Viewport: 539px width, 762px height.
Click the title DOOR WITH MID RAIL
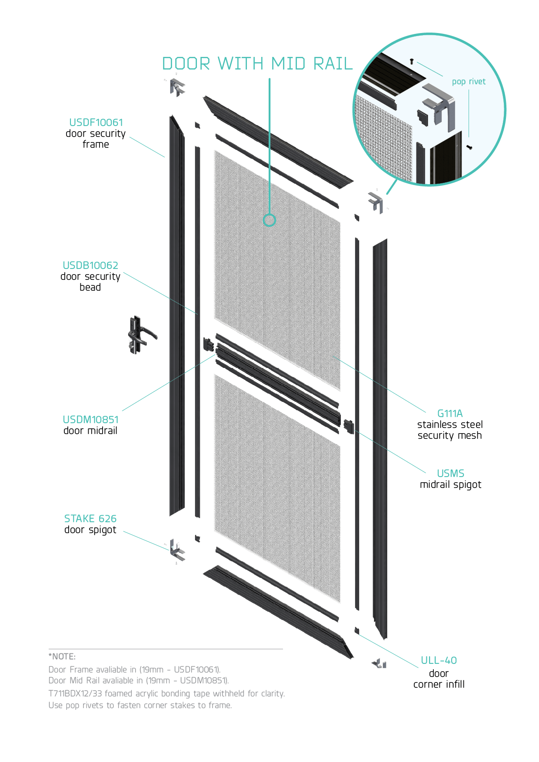point(257,64)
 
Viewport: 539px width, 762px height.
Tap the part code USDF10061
point(96,123)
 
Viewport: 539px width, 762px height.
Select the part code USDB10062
point(90,265)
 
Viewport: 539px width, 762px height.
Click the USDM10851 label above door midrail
point(90,420)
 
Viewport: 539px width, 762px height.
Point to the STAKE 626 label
point(90,519)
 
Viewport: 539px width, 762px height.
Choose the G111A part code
point(450,414)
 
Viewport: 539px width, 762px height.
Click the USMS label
point(450,474)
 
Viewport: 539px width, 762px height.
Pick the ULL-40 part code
point(439,660)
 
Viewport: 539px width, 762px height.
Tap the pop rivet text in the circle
point(469,82)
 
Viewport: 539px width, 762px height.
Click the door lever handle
point(140,335)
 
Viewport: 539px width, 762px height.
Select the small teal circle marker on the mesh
point(269,220)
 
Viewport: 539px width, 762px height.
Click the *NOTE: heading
point(62,656)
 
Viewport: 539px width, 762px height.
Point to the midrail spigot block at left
point(209,345)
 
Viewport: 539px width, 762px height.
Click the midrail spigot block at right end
point(349,426)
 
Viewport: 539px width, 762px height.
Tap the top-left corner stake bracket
point(177,87)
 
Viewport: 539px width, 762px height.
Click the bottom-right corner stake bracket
point(379,663)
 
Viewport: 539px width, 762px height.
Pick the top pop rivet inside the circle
point(412,62)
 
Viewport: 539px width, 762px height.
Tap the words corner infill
point(439,684)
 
